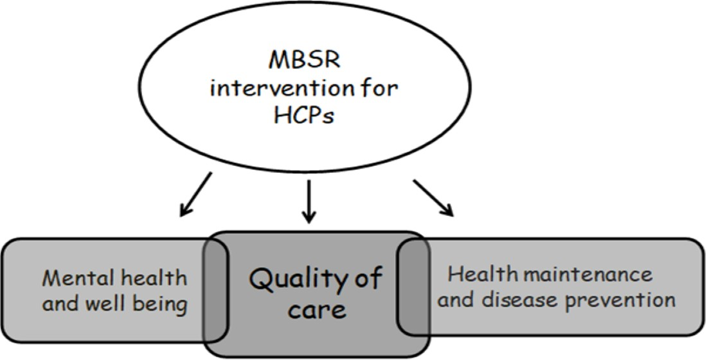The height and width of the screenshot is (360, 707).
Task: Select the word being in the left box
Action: click(x=161, y=304)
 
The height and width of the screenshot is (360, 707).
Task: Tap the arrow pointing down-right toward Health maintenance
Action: click(x=433, y=198)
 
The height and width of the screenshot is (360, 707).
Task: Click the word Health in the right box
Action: click(x=476, y=275)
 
